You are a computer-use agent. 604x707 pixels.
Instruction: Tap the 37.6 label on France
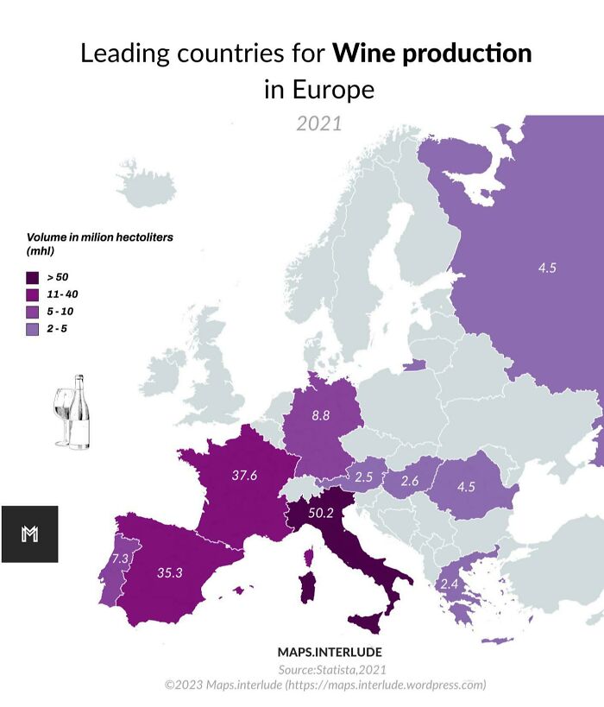point(244,475)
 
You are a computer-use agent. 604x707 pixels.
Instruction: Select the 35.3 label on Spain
point(169,571)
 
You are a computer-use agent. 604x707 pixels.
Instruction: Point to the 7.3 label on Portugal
point(120,559)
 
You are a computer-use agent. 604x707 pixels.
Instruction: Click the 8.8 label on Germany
point(320,415)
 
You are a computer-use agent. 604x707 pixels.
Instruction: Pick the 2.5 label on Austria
point(363,477)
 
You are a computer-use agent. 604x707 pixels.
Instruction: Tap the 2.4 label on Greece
point(450,585)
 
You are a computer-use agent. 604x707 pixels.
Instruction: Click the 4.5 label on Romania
point(466,486)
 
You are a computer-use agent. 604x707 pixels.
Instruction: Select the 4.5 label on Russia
point(547,268)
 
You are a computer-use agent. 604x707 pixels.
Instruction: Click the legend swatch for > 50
point(33,278)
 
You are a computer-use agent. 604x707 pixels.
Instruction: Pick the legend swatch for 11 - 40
point(33,295)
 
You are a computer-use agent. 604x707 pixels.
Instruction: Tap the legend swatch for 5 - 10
point(33,312)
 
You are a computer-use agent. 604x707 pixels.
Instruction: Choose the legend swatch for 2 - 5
point(33,330)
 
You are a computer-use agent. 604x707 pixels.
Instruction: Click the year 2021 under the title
point(319,123)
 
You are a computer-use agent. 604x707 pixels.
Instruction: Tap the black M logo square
point(29,533)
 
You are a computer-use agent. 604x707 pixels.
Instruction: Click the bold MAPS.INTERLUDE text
point(330,652)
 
